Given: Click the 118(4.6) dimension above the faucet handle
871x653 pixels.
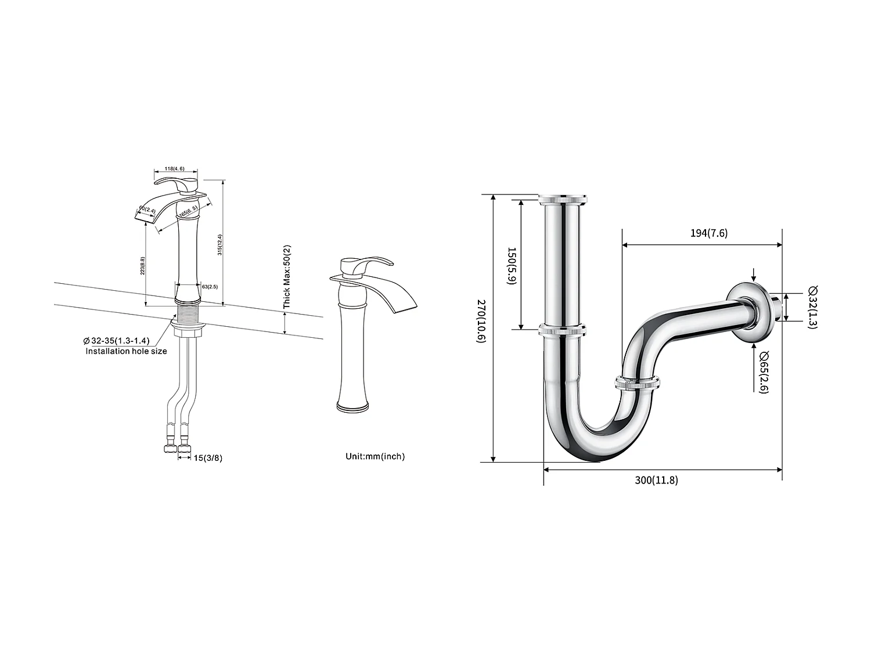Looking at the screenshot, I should point(175,168).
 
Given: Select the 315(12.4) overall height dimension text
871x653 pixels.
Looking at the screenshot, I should point(220,244).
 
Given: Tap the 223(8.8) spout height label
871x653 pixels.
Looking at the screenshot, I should point(142,266).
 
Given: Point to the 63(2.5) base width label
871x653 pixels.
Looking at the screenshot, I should point(209,286).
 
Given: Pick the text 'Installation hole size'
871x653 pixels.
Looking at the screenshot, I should point(126,351).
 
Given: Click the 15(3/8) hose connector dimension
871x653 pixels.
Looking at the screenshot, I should point(208,458).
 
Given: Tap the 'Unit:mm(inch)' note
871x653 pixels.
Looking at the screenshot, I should point(375,456).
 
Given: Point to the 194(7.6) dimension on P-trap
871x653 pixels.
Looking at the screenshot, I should point(708,233).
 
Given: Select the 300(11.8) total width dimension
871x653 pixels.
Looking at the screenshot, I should point(656,480).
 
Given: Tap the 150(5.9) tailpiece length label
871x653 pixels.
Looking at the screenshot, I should point(511,266).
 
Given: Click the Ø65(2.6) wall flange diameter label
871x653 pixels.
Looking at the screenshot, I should point(763,372).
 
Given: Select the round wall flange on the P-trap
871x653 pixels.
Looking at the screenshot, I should point(753,314).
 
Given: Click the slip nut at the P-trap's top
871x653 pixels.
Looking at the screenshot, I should point(563,199).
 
